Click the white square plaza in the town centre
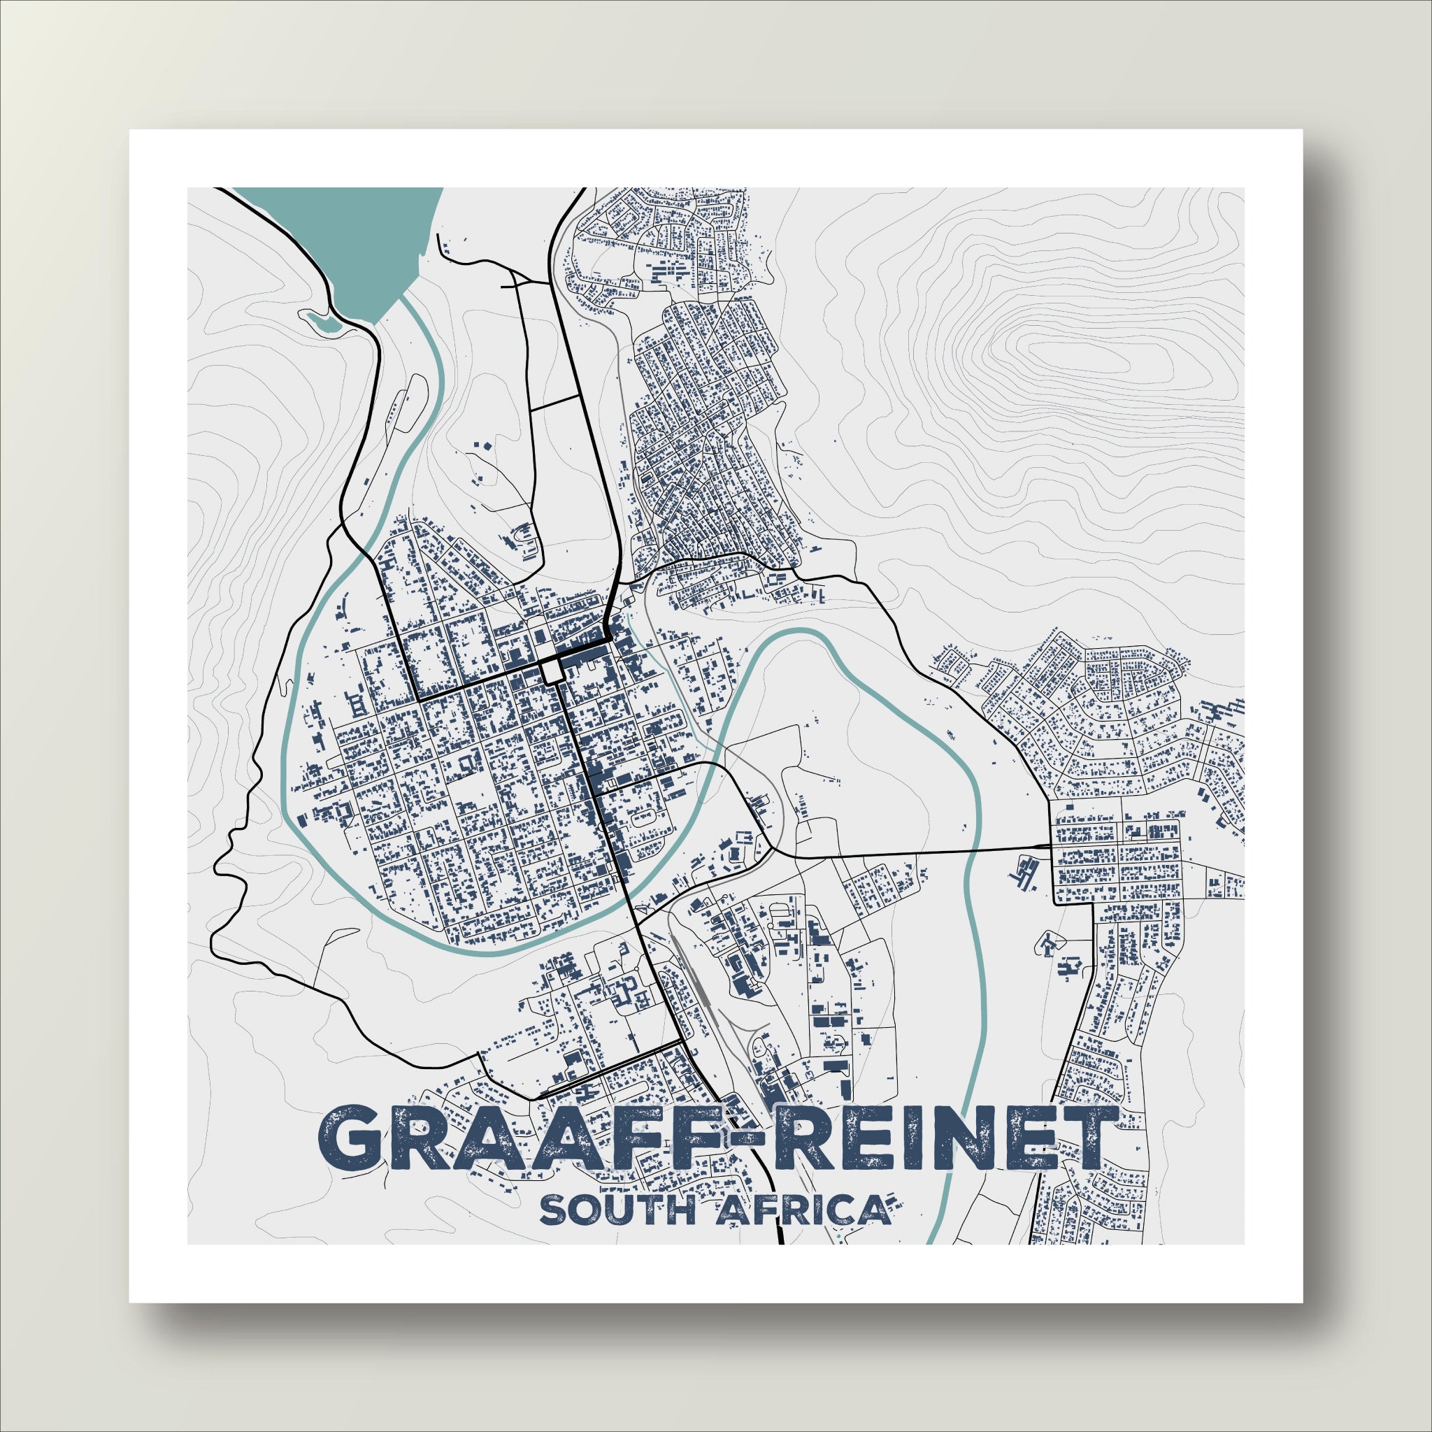pos(551,672)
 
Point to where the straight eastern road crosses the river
pos(970,850)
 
